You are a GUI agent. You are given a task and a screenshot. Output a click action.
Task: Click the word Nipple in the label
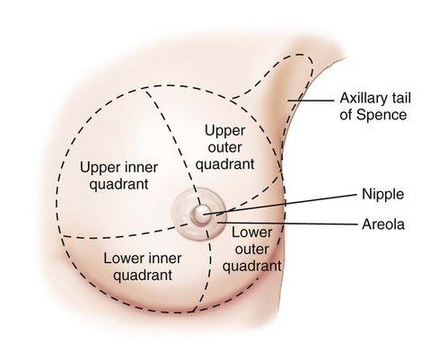coord(382,195)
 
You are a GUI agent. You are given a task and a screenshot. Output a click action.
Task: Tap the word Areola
coord(383,224)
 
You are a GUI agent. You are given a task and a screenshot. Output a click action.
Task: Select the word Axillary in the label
coord(360,99)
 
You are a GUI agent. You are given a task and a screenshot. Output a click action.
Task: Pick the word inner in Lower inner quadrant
coord(166,259)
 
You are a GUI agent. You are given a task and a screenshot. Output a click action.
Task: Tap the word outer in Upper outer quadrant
coord(224,147)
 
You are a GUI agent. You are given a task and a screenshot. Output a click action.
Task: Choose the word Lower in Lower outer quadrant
coord(252,233)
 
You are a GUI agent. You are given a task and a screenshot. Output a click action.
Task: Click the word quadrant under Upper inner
coord(119,185)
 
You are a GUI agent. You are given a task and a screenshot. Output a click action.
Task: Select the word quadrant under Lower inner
coord(143,276)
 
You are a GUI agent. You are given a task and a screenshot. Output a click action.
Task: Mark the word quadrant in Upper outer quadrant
coord(224,165)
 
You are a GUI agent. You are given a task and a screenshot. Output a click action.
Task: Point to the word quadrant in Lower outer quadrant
coord(252,267)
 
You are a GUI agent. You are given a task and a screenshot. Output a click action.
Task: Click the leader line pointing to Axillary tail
coord(311,101)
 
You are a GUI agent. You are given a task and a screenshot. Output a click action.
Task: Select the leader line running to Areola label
coord(287,224)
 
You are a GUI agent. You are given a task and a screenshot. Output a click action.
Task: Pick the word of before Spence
coord(347,115)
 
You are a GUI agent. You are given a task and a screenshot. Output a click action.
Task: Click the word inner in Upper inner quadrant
coord(143,168)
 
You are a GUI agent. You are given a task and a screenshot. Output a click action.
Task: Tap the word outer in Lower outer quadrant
coord(251,250)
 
